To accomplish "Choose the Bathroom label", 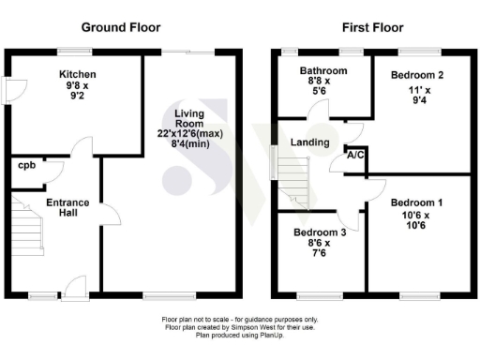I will click(323, 71).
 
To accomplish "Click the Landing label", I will click(309, 142).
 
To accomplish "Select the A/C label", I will click(355, 156).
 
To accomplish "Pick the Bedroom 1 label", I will click(416, 202).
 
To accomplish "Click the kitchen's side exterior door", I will click(7, 90).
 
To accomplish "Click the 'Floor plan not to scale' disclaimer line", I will click(241, 320).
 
